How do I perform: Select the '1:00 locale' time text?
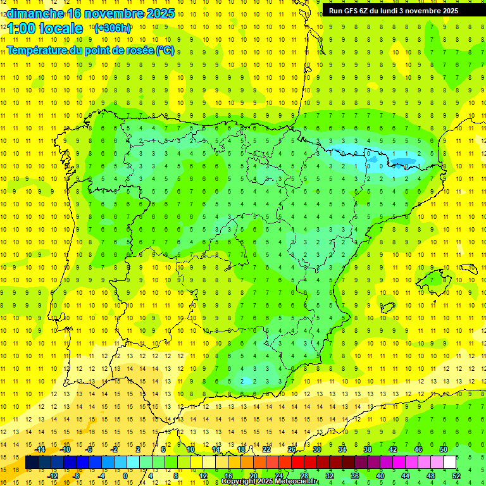click(45, 28)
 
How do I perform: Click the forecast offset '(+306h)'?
click(113, 28)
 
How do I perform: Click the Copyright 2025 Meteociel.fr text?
click(270, 482)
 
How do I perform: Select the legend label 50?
click(443, 449)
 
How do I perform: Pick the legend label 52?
click(456, 476)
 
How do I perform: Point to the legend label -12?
click(53, 476)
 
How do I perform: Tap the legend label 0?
click(125, 476)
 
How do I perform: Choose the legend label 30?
click(317, 449)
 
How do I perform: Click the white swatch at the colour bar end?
click(449, 463)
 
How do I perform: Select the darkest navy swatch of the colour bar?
click(32, 463)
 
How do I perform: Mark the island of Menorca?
click(469, 269)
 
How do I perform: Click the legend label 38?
click(367, 449)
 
